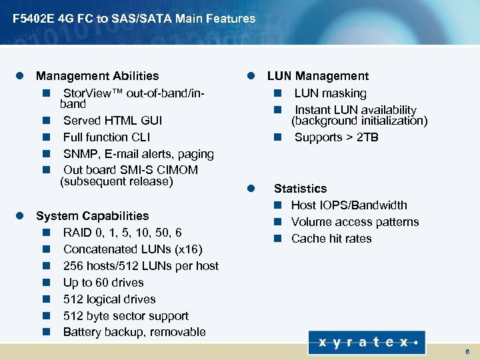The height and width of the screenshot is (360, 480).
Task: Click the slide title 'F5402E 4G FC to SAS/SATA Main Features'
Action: point(134,19)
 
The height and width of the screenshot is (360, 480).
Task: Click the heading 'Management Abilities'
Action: point(97,76)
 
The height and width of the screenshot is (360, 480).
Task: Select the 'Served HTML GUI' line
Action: point(112,121)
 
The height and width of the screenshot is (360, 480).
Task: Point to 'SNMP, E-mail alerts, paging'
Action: point(138,154)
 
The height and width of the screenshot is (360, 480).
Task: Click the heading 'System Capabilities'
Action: point(92,216)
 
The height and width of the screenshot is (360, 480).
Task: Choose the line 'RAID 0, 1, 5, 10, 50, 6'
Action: point(122,233)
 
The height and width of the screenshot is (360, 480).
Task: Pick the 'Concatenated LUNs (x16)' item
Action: point(133,249)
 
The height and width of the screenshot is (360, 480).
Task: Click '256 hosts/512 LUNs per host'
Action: point(141,266)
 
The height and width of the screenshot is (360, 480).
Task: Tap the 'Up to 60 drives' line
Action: point(103,283)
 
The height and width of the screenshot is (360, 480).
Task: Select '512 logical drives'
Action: point(109,299)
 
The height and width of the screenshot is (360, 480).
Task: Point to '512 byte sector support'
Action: point(125,316)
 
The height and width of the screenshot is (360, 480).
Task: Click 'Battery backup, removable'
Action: point(134,332)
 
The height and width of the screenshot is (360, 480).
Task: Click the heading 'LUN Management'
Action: point(318,77)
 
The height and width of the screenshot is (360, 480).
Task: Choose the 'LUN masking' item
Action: point(330,93)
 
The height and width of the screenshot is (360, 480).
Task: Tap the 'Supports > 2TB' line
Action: point(336,137)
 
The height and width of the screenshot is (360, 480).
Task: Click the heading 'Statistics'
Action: point(300,189)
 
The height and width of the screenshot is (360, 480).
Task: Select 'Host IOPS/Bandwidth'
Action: point(349,205)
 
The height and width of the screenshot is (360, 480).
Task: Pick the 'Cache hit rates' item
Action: point(331,239)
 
